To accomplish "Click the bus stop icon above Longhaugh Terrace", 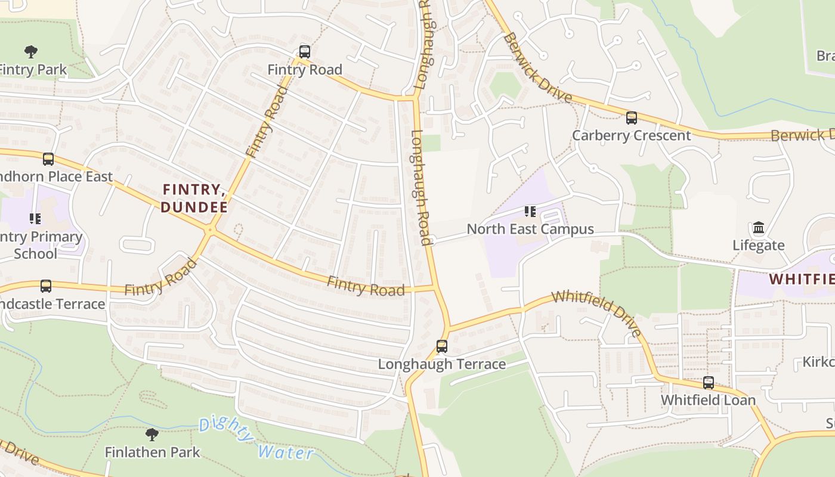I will tap(441, 346).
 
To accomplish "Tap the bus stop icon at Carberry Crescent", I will tap(631, 117).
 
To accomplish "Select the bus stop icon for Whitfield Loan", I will tap(708, 382).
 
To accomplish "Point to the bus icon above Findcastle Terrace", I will tap(46, 286).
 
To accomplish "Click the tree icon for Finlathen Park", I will tap(152, 433).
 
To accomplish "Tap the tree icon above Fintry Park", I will tap(31, 51).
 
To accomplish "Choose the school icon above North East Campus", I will tap(530, 211).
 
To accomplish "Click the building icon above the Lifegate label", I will tap(758, 227).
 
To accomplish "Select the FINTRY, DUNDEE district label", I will tap(194, 199).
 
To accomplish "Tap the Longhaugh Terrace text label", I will tap(442, 364).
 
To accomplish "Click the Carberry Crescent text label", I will tap(631, 135).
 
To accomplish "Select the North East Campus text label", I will tap(530, 229).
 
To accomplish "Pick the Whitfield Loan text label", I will tap(708, 399).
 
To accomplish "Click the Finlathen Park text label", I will tap(152, 452).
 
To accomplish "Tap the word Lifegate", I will tap(758, 245).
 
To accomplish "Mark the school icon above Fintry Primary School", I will tap(35, 219).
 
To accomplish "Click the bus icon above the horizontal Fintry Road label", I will tap(304, 51).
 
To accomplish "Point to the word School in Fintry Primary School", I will tap(35, 253).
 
